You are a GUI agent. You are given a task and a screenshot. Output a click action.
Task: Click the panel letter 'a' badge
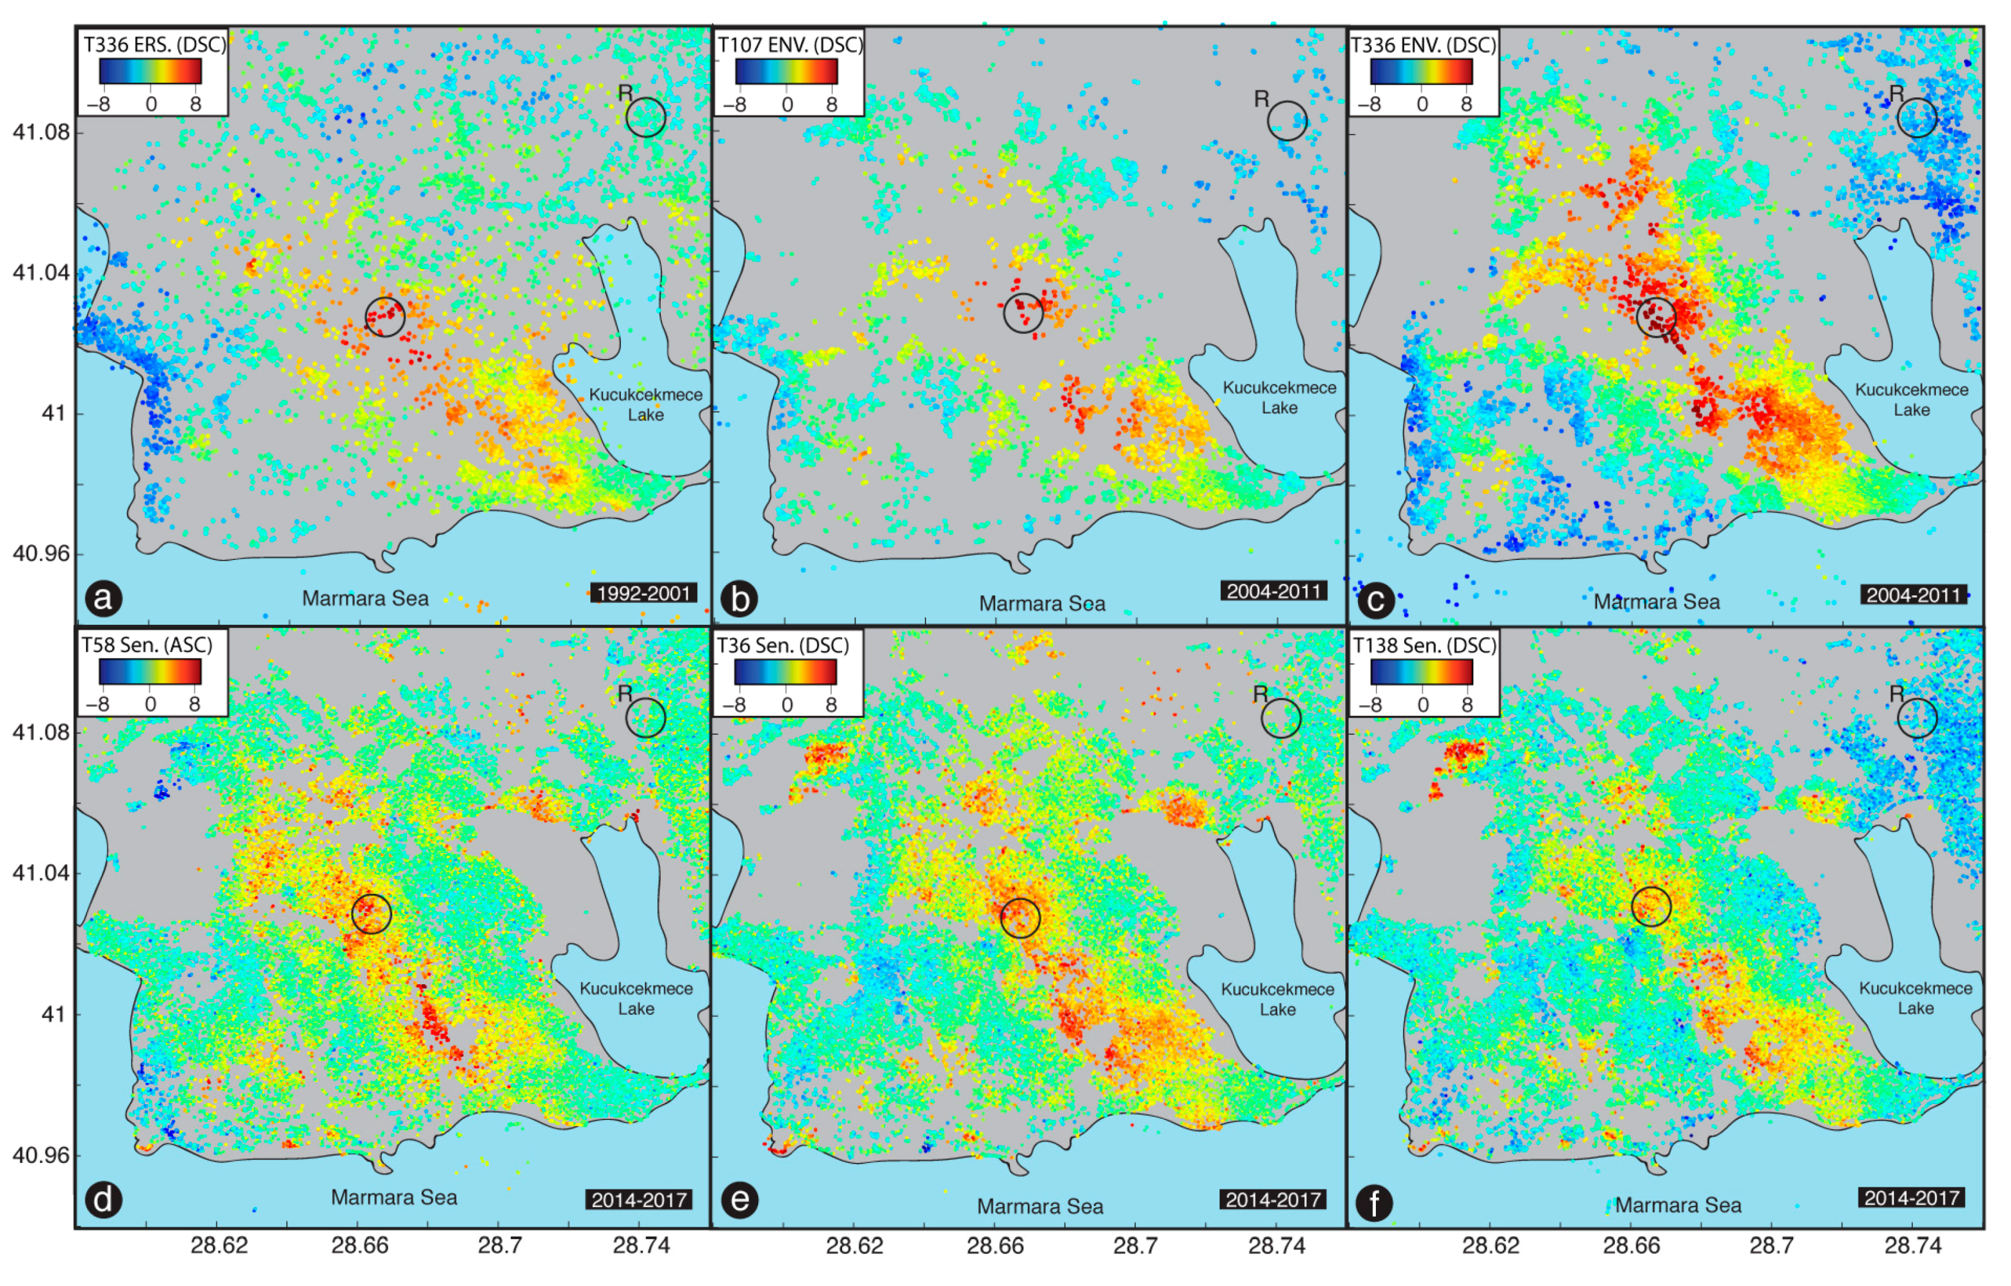click(x=104, y=598)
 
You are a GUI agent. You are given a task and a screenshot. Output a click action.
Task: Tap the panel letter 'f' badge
click(x=1374, y=1203)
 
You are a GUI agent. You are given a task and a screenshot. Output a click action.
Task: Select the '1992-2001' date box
click(x=644, y=593)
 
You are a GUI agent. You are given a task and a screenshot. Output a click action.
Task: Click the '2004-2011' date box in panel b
click(x=1273, y=591)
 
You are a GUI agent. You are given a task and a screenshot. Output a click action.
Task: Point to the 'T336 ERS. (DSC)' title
click(x=154, y=45)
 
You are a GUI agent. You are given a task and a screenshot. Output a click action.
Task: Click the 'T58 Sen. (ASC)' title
click(x=147, y=645)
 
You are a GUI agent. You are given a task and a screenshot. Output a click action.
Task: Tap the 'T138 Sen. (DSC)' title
click(x=1424, y=645)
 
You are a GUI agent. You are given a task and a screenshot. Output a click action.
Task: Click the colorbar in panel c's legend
click(x=1421, y=71)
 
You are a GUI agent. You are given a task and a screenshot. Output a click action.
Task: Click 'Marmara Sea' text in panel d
click(x=394, y=1198)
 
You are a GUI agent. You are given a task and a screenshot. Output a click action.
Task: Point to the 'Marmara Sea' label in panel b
click(x=1041, y=603)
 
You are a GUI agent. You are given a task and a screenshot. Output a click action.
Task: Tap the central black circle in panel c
click(x=1656, y=317)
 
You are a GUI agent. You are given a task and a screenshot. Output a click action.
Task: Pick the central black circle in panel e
click(x=1020, y=918)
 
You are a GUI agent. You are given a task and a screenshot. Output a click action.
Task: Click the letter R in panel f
click(x=1896, y=693)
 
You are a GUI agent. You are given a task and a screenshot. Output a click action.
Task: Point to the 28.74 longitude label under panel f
click(x=1914, y=1245)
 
